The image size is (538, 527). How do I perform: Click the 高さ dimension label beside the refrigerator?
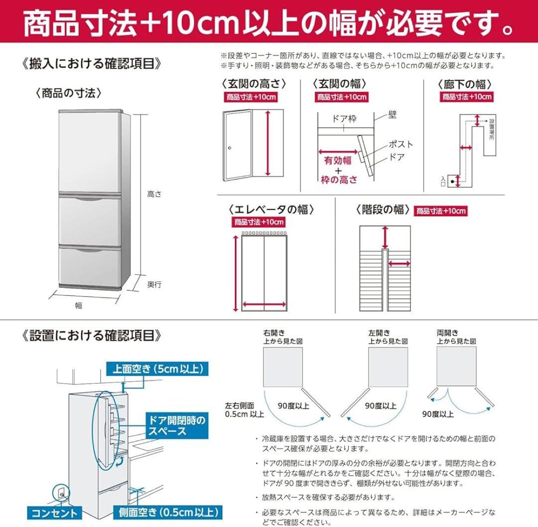[154, 195]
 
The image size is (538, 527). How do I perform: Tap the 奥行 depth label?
[154, 284]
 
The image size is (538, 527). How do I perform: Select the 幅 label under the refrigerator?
[78, 305]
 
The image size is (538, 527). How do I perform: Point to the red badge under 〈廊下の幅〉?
[467, 97]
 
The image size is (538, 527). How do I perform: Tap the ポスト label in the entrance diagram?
[400, 144]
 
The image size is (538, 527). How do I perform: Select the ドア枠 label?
[345, 119]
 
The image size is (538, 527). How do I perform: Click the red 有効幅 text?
[338, 160]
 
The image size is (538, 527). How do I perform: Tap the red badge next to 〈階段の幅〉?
[441, 211]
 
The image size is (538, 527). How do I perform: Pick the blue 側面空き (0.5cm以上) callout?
[167, 512]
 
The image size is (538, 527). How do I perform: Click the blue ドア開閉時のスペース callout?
[175, 425]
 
